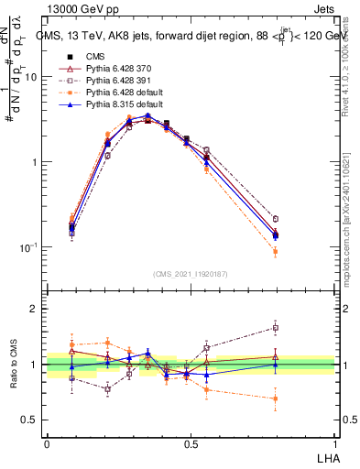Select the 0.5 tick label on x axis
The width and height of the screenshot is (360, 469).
click(x=191, y=442)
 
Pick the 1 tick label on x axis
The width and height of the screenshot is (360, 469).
click(x=333, y=442)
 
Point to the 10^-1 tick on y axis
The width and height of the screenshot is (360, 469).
click(x=30, y=247)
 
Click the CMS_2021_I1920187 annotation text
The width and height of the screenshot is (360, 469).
click(x=191, y=273)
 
